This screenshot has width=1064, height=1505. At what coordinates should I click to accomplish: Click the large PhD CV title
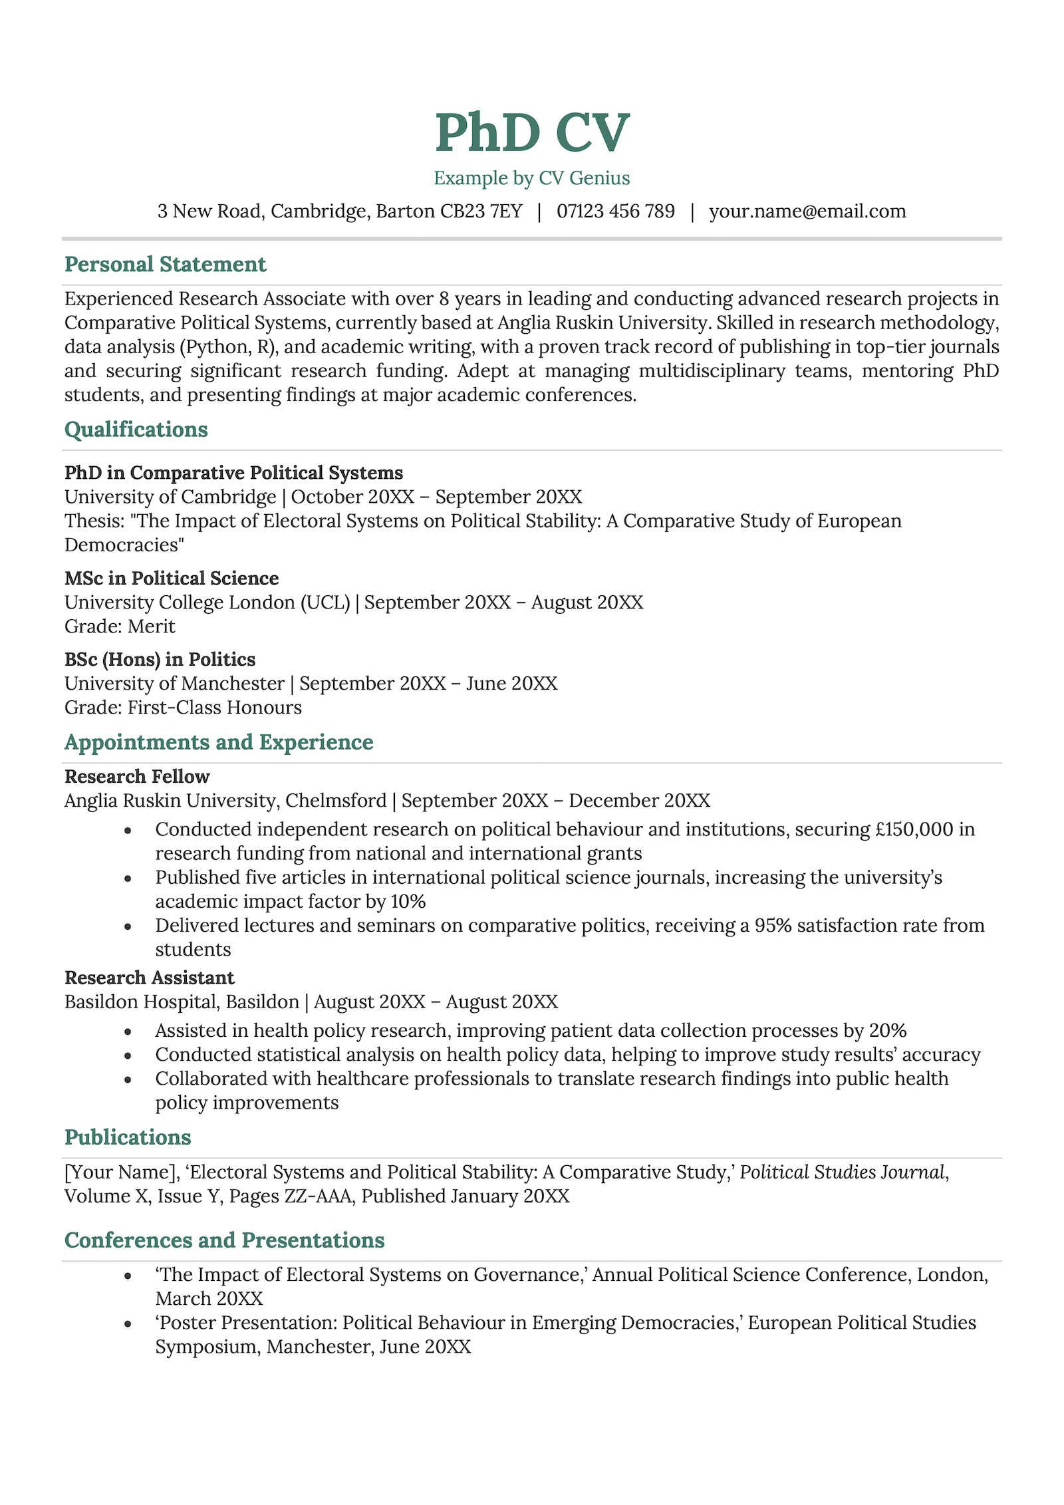coord(531,133)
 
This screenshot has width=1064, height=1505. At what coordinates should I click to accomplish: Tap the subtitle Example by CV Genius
coord(531,178)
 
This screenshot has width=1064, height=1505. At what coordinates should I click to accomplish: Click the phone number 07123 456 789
coord(615,211)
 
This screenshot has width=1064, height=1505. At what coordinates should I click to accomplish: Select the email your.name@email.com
coord(807,211)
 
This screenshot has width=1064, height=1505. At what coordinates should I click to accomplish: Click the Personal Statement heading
coord(165,265)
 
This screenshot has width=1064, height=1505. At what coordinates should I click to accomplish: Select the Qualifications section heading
coord(136,430)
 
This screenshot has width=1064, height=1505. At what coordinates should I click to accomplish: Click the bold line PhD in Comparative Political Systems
coord(233,473)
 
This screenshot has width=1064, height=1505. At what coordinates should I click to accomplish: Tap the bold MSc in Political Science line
coord(172,579)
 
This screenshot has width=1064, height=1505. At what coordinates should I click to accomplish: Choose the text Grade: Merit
coord(120,626)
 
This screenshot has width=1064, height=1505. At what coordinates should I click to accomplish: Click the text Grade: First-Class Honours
coord(183,708)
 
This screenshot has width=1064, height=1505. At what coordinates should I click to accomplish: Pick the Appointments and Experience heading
coord(219,742)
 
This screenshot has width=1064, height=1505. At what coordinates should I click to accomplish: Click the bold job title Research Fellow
coord(137,777)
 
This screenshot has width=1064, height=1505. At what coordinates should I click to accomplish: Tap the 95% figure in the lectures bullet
coord(773,926)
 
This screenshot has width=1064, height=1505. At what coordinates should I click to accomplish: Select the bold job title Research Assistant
coord(150,978)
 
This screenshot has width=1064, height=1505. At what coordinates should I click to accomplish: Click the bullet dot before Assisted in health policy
coord(128,1031)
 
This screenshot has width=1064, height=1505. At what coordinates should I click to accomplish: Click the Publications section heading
coord(128,1137)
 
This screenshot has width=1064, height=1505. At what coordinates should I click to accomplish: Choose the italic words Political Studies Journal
coord(842,1172)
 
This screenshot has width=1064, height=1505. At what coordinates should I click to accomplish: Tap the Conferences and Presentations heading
coord(224,1240)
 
